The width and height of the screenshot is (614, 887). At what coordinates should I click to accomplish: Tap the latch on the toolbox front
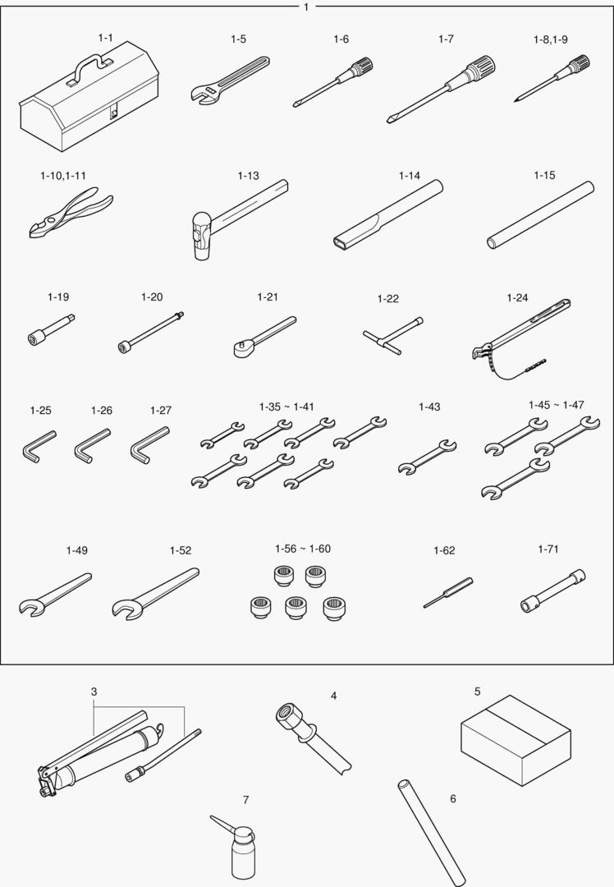(x=113, y=113)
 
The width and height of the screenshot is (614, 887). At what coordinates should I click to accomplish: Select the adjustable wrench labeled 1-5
(x=230, y=80)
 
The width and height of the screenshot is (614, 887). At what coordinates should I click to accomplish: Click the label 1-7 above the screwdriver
(x=446, y=39)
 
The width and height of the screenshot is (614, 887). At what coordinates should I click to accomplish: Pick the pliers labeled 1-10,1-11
(x=71, y=213)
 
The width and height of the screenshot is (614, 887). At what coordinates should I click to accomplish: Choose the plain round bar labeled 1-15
(x=540, y=215)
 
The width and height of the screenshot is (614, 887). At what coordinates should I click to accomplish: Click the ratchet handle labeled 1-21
(x=264, y=336)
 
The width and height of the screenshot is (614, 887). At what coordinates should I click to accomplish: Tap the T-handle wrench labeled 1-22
(x=393, y=336)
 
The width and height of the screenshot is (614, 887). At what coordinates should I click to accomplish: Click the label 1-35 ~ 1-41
(x=286, y=407)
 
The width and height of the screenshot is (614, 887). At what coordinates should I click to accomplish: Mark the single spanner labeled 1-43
(x=427, y=457)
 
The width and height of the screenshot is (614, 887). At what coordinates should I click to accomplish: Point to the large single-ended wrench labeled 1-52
(x=155, y=594)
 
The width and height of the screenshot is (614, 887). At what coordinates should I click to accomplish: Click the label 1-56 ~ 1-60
(x=303, y=549)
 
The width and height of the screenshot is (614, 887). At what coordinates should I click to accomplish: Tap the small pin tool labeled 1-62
(x=448, y=593)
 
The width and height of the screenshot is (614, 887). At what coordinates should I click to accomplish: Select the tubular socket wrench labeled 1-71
(x=552, y=591)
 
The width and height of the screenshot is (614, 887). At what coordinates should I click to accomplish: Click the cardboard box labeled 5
(x=515, y=740)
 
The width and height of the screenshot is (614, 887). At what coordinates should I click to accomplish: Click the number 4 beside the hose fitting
(x=333, y=696)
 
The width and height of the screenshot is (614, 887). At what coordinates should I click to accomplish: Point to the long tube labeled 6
(x=432, y=833)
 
